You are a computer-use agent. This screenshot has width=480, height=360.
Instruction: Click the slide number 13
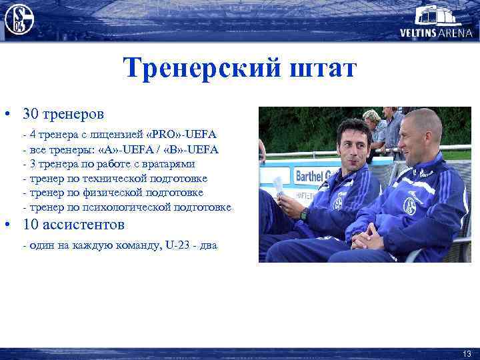(x=466, y=353)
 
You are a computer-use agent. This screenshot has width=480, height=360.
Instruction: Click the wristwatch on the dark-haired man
(x=304, y=214)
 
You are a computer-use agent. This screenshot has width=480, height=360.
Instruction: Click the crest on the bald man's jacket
(x=409, y=206)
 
